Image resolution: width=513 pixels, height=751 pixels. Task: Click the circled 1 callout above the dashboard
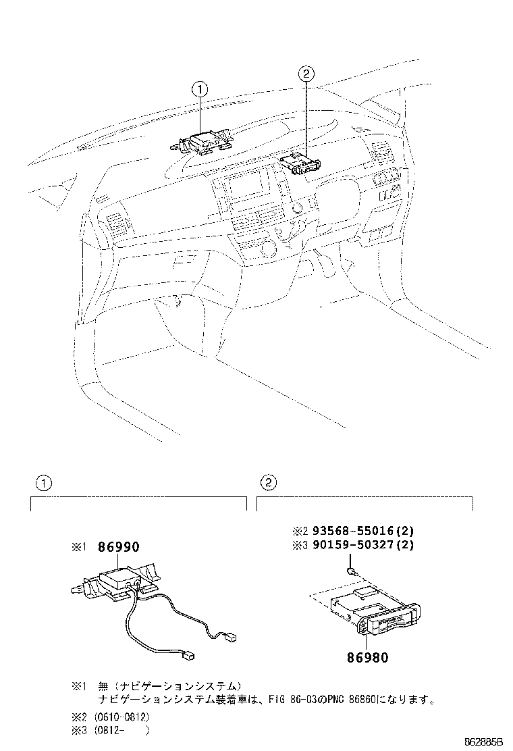point(200,88)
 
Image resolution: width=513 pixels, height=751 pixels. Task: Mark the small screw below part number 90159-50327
point(352,571)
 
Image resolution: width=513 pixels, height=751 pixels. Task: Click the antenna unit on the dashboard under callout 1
point(202,143)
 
